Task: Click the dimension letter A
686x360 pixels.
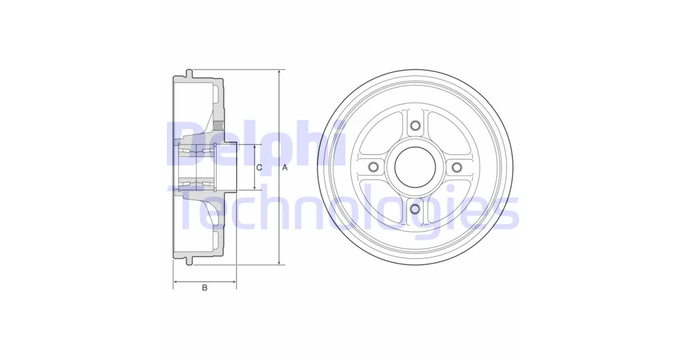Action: [x=285, y=167]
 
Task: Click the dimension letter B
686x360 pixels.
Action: [x=205, y=288]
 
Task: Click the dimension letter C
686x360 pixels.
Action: [x=259, y=167]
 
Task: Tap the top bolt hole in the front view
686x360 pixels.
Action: [x=415, y=126]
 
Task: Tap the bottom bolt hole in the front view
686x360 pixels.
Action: [x=415, y=209]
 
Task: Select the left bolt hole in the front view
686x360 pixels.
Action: [x=373, y=167]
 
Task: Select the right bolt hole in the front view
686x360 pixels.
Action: [x=457, y=167]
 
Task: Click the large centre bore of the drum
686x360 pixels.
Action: [x=415, y=167]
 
